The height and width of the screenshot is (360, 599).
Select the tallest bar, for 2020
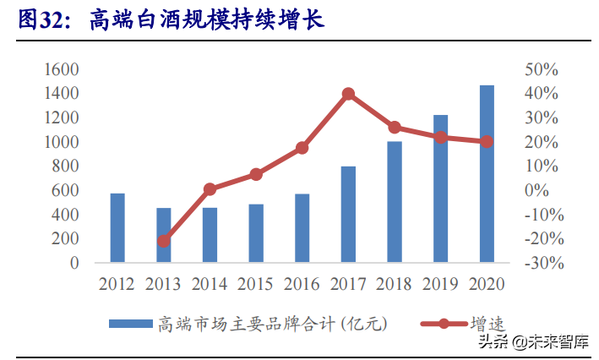pos(487,174)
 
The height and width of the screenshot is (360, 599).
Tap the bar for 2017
pos(348,215)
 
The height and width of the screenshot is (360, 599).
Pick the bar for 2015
pos(256,233)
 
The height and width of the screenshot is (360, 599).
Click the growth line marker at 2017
pos(348,94)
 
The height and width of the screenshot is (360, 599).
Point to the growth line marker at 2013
pos(164,241)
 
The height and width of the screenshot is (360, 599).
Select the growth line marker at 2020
pos(487,142)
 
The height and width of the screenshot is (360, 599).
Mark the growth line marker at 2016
pos(302,148)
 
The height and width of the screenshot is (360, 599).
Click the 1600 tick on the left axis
pos(63,68)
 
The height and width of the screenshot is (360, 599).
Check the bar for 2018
pos(395,202)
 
